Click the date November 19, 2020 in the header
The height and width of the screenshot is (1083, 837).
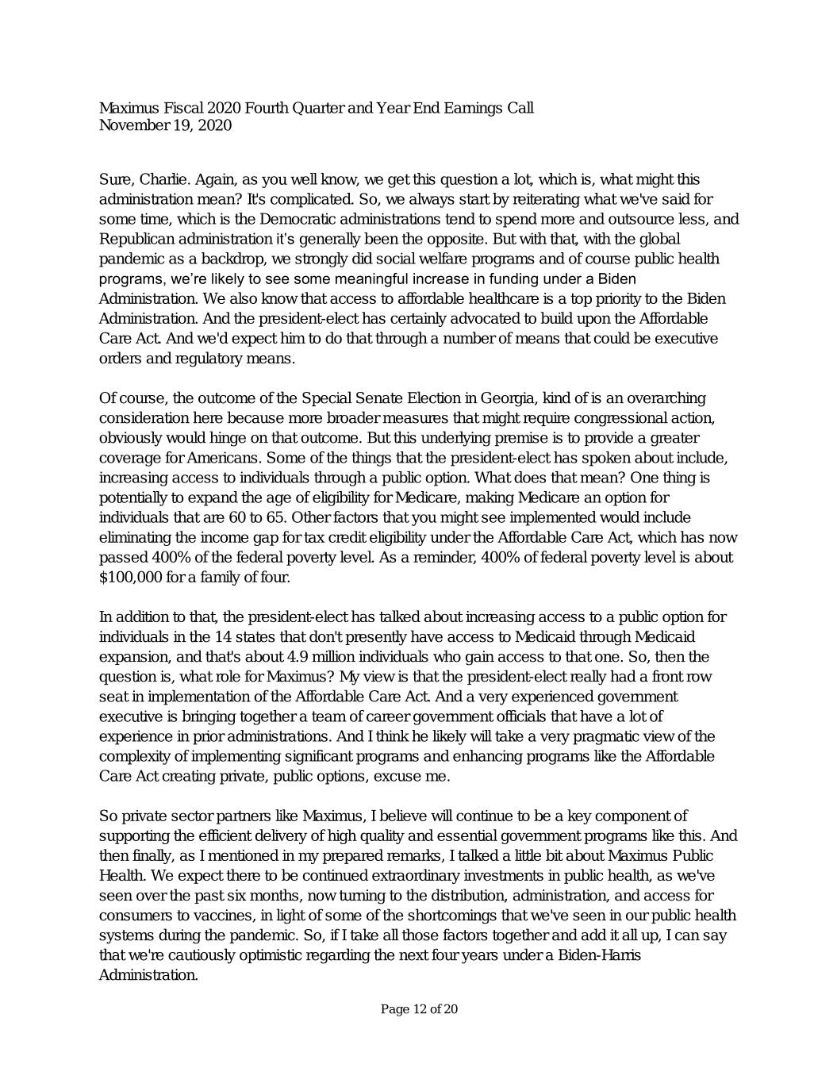coord(165,125)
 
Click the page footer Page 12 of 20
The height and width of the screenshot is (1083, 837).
coord(419,1009)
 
